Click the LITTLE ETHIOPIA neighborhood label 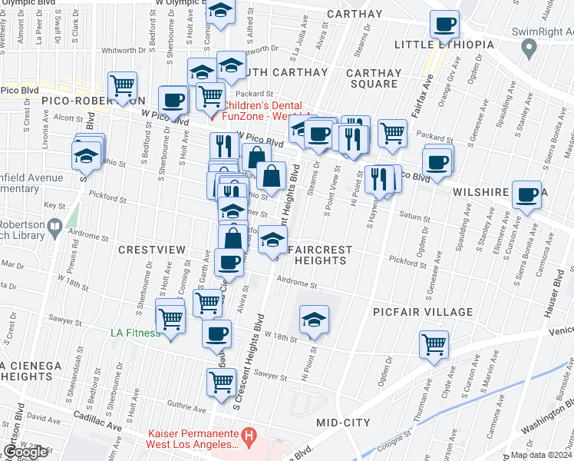[444, 45]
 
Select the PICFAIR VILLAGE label [423, 312]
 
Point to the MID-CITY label [343, 423]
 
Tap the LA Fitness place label [135, 333]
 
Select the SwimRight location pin [528, 48]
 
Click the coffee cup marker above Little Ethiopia [444, 25]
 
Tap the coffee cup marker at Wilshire [527, 194]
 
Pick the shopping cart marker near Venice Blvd [434, 343]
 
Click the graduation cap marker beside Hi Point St [314, 319]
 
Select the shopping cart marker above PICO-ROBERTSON [122, 86]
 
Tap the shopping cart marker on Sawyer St [222, 381]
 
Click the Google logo [25, 452]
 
